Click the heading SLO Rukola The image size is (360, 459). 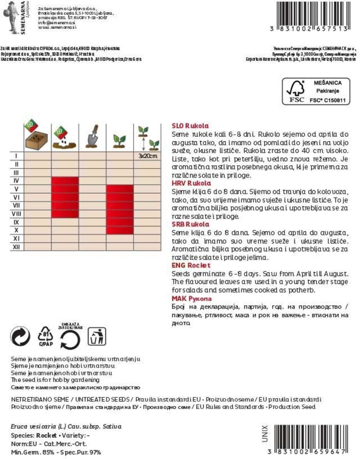click(190, 126)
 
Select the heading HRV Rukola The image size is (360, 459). click(191, 183)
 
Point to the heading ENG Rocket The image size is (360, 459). click(191, 265)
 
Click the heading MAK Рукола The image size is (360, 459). click(192, 298)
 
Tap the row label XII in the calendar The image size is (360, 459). click(16, 247)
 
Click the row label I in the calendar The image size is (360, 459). click(16, 156)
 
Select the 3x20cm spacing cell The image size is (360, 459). click(148, 156)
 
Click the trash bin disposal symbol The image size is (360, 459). click(96, 337)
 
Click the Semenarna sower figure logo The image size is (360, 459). click(11, 17)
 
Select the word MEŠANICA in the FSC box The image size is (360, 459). click(327, 83)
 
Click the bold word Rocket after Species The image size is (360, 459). click(46, 435)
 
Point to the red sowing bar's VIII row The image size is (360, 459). click(65, 214)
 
